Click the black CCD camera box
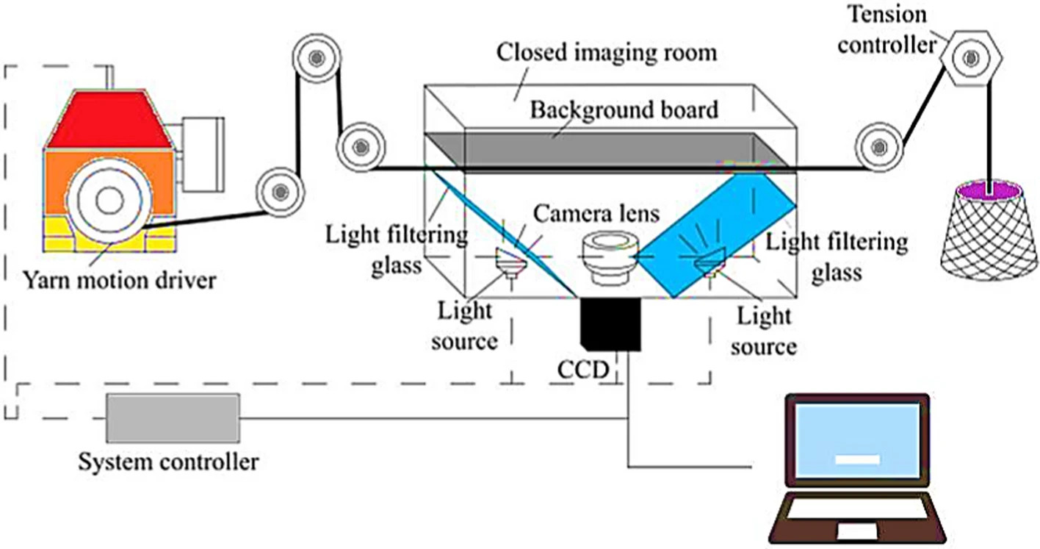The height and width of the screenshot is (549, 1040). click(x=610, y=324)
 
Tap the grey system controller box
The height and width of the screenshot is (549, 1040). click(x=173, y=418)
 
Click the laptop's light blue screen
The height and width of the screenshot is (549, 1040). click(x=858, y=441)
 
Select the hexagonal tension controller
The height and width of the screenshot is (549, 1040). click(x=971, y=58)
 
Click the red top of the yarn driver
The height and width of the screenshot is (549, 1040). click(x=109, y=119)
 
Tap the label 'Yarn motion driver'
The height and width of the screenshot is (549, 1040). click(x=120, y=281)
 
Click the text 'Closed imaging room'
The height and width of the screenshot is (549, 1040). click(x=607, y=52)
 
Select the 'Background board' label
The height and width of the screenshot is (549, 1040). click(x=624, y=110)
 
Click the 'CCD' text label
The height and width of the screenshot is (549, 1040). click(x=583, y=370)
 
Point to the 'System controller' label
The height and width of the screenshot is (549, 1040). click(x=168, y=462)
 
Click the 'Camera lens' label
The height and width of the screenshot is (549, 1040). click(x=596, y=214)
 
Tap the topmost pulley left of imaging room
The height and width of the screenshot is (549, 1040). click(x=317, y=58)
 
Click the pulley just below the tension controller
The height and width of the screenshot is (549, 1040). click(x=879, y=147)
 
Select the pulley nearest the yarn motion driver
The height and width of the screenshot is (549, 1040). click(x=281, y=192)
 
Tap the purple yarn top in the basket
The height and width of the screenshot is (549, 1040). click(x=989, y=191)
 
